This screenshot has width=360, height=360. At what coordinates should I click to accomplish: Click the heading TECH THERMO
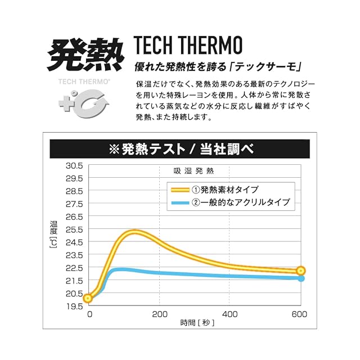pyautogui.click(x=188, y=44)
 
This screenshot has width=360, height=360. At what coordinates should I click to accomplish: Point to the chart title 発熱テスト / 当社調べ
pyautogui.click(x=180, y=149)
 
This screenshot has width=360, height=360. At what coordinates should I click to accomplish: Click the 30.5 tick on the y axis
pyautogui.click(x=74, y=166)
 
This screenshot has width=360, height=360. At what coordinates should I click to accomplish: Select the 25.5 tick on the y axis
pyautogui.click(x=74, y=229)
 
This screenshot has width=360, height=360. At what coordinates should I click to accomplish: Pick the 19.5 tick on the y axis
pyautogui.click(x=74, y=305)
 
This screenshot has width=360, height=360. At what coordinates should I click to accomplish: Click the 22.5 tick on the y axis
pyautogui.click(x=74, y=268)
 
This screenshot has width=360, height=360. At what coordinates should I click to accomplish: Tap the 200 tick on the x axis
pyautogui.click(x=160, y=314)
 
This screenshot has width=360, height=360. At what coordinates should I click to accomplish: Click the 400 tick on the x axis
pyautogui.click(x=229, y=314)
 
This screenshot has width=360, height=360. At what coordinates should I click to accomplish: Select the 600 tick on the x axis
pyautogui.click(x=299, y=314)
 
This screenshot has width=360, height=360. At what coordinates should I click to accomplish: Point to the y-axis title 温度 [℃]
pyautogui.click(x=54, y=236)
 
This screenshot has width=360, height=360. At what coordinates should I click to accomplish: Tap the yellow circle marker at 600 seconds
pyautogui.click(x=300, y=271)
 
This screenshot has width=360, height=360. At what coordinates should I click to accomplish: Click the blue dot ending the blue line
pyautogui.click(x=301, y=278)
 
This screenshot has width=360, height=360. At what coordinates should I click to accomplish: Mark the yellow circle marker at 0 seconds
pyautogui.click(x=88, y=298)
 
